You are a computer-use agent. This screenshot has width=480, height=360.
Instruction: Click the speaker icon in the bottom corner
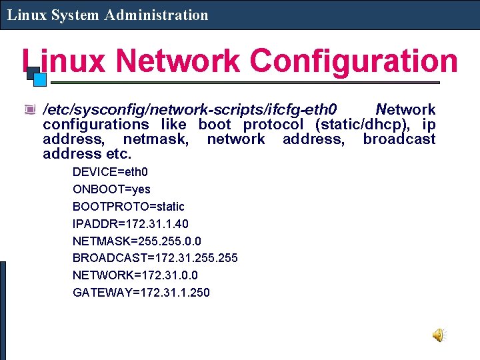(439, 335)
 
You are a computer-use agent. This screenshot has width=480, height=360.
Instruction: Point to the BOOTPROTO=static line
(128, 207)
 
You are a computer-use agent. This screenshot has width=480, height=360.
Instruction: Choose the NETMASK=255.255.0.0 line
(137, 241)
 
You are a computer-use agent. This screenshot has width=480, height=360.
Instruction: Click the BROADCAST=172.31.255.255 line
(155, 258)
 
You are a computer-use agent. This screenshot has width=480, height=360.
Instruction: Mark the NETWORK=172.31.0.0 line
(135, 275)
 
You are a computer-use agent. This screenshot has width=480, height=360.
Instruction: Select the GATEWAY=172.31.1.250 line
(141, 292)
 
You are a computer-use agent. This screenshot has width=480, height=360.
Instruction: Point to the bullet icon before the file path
(29, 109)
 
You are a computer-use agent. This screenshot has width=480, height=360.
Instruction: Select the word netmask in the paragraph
(156, 139)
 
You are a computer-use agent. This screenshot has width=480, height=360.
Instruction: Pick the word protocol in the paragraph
(273, 124)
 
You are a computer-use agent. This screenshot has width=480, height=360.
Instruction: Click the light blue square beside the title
(40, 79)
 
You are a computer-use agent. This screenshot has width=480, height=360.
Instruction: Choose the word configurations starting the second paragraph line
(95, 124)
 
